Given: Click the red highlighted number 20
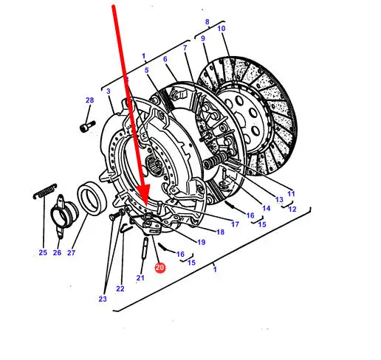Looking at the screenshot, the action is pos(160,267).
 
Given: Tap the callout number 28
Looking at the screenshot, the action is pos(90,100).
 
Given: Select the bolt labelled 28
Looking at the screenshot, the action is pos(88,125).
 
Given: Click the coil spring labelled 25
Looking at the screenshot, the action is pos(45,191).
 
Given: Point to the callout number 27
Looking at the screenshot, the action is pos(71,252).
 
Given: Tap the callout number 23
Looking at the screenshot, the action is pos(103,299).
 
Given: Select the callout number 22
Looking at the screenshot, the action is pos(120,288).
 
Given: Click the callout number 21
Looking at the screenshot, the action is pos(140,277).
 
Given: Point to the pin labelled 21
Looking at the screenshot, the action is pos(145,248).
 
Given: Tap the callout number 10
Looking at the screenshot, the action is pos(222,29).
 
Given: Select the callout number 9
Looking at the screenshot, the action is pos(203,38).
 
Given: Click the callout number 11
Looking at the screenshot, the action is pos(291,193).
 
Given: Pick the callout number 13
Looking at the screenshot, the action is pos(279,199).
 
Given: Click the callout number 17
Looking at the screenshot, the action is pos(235,224).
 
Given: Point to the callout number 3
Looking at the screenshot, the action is pos(109,91).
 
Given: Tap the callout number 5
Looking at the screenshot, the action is pos(147,70).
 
